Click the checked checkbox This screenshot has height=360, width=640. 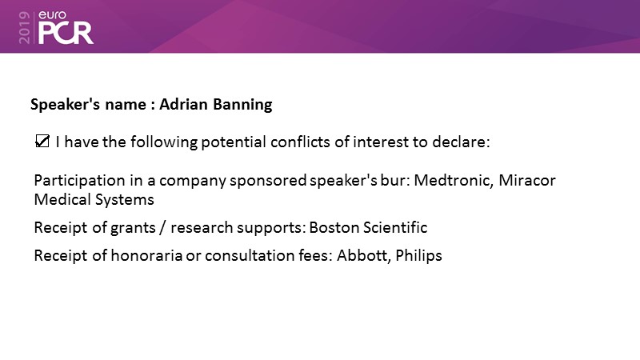[x=42, y=142]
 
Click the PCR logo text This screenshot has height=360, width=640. [x=66, y=34]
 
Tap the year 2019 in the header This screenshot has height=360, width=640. [x=25, y=27]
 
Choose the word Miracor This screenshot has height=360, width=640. [x=527, y=180]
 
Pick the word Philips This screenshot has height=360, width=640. [x=418, y=256]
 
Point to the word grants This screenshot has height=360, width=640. [x=133, y=228]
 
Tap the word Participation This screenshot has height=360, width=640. [x=79, y=181]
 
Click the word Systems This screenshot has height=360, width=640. [x=125, y=200]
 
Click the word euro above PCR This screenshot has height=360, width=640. [x=52, y=15]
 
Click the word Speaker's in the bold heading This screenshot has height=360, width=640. [x=65, y=105]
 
